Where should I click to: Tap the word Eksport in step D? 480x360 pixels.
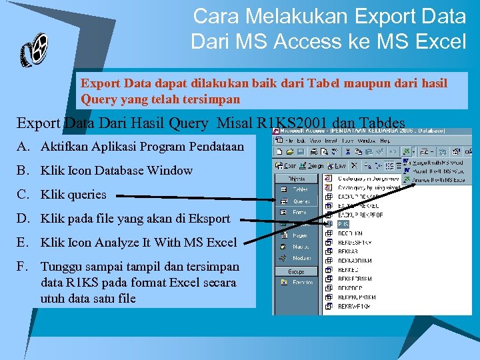point(209,219)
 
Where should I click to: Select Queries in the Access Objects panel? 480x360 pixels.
point(301,201)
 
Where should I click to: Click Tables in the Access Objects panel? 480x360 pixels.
point(300,189)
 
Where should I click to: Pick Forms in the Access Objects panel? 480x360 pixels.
point(299,212)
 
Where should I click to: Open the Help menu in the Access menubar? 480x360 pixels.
point(384,141)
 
